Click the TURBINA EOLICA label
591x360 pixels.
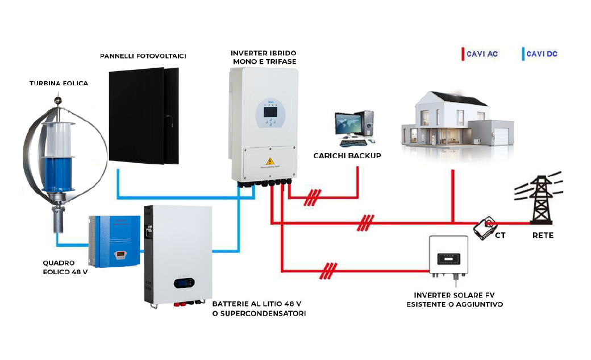[59, 84]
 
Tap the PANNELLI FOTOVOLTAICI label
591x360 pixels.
[143, 56]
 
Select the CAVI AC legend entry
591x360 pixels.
[481, 54]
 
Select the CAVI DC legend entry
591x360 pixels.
[541, 54]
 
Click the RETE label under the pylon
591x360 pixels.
[543, 235]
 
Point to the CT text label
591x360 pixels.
[501, 234]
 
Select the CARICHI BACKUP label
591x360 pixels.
[347, 155]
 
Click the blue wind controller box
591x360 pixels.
[115, 241]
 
